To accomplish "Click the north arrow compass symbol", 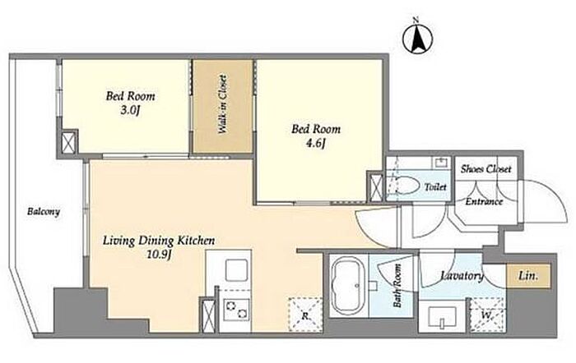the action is [x=418, y=38].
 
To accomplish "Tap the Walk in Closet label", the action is [x=222, y=104].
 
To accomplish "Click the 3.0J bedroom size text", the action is [x=130, y=110].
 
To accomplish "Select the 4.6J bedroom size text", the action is [x=316, y=144].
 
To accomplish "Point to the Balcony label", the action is [x=44, y=212].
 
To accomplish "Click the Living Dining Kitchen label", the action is [x=159, y=241].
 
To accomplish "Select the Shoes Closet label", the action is [x=485, y=169].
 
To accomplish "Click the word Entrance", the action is [x=484, y=201].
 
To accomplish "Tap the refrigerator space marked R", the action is [x=305, y=315].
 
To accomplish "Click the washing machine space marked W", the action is [x=487, y=315].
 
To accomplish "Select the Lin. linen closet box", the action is [x=528, y=275].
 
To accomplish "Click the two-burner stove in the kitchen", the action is [x=235, y=309].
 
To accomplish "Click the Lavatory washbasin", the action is [x=442, y=316].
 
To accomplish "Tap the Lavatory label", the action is [x=462, y=276].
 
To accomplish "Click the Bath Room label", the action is [x=397, y=286].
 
